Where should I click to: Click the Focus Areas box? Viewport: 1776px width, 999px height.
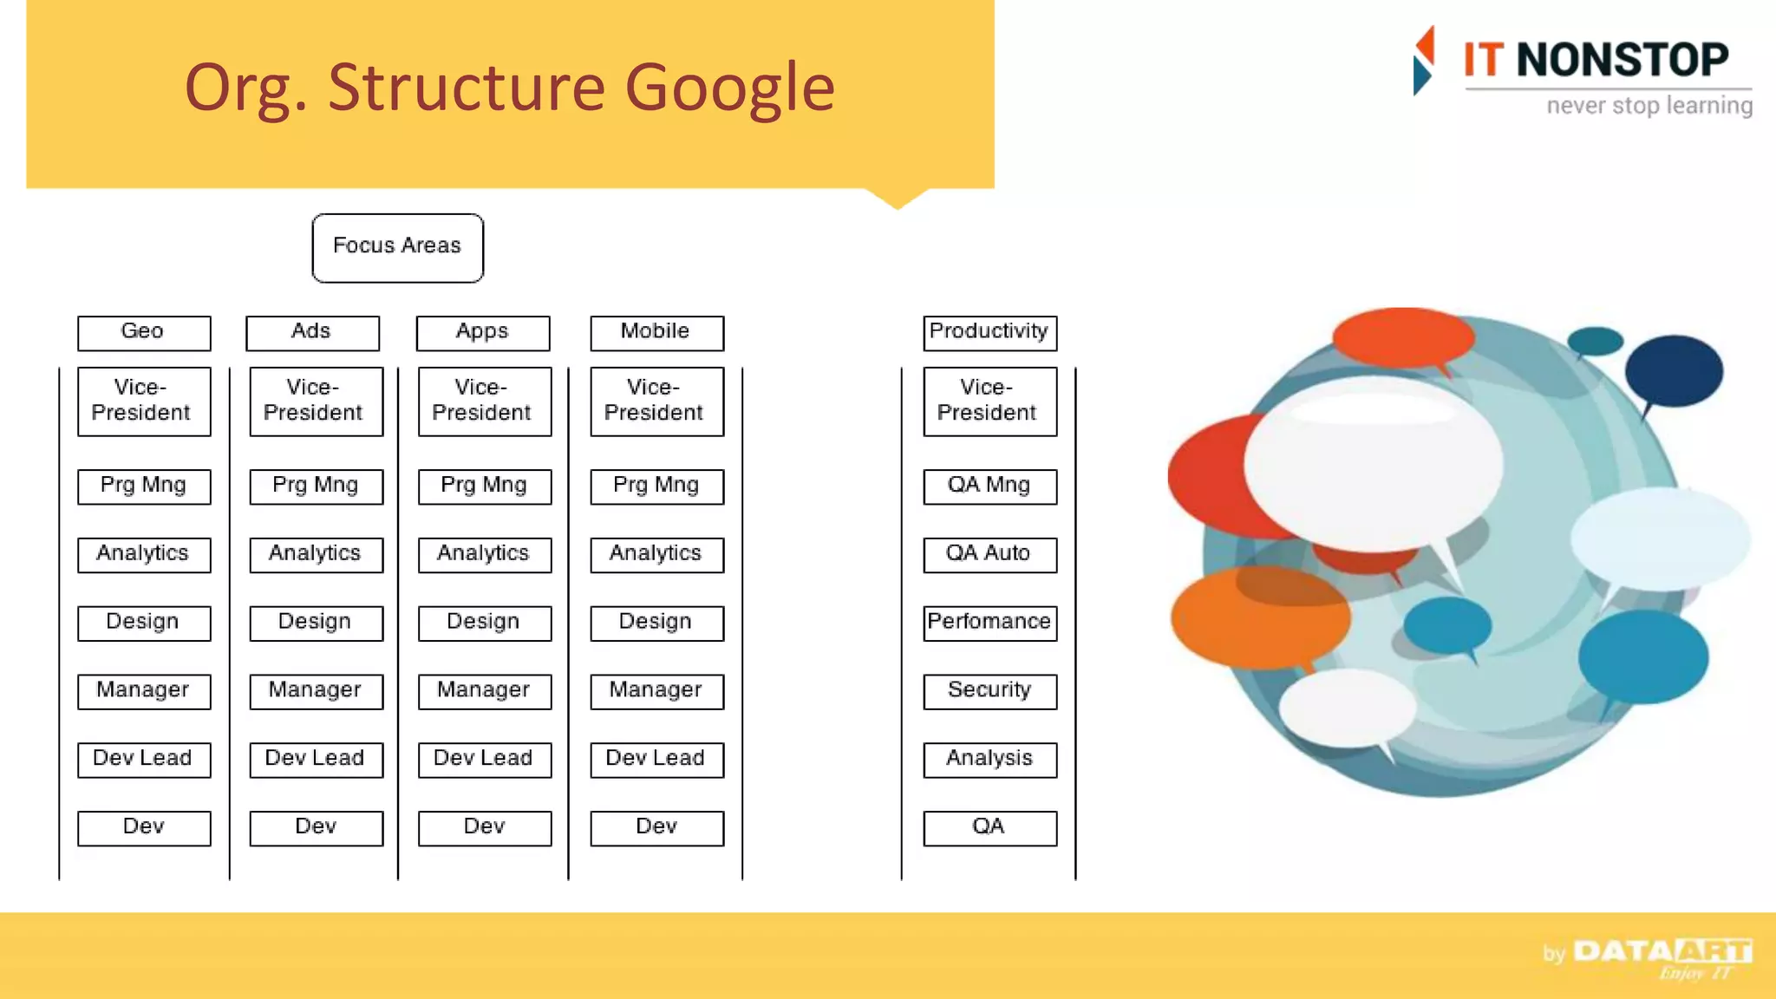coord(397,248)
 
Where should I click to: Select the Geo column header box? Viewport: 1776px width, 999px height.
coord(144,333)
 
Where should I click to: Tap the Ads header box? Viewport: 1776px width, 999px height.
coord(312,333)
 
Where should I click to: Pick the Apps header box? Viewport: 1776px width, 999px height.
coord(483,333)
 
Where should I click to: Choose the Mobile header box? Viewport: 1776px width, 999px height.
coord(656,333)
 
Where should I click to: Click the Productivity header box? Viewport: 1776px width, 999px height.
coord(989,333)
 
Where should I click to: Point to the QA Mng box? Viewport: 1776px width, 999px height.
coord(989,486)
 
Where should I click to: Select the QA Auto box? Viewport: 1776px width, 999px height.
coord(989,555)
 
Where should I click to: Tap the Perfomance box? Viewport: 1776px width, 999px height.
coord(989,624)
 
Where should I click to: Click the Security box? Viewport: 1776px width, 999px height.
coord(989,691)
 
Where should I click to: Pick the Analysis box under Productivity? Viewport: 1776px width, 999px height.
coord(989,760)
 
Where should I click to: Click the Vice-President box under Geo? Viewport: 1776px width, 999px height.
coord(144,402)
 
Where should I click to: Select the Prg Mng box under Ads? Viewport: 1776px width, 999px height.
coord(316,486)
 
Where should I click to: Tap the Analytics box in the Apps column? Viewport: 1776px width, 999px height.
coord(484,555)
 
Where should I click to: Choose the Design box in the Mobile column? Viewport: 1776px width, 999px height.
coord(656,624)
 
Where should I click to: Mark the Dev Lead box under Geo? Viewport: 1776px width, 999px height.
coord(144,760)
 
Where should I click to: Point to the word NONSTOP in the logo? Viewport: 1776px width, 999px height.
coord(1622,61)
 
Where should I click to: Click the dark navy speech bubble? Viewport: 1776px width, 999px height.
coord(1673,371)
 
